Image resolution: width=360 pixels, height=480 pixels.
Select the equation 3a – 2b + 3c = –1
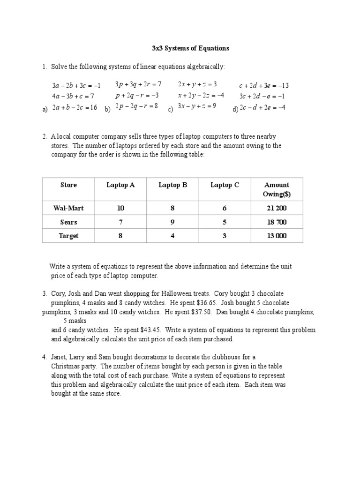(76, 85)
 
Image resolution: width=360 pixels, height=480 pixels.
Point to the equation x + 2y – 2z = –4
(201, 95)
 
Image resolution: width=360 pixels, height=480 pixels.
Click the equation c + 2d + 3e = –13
(263, 85)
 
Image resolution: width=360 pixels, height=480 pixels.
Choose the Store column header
(68, 185)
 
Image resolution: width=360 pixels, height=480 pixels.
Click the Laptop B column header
(172, 185)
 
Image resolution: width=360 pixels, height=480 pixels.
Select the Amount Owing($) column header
(277, 189)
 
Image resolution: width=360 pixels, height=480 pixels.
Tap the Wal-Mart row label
(68, 208)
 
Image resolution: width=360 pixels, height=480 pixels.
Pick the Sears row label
(68, 222)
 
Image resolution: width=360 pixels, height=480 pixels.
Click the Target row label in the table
(68, 236)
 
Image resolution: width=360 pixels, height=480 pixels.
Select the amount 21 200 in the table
(277, 208)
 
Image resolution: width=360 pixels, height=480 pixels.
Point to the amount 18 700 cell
(277, 222)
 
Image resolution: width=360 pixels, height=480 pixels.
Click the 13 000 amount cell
(277, 236)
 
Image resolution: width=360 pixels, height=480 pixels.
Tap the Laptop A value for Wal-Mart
(120, 208)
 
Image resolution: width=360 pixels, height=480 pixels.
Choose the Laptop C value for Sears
(225, 222)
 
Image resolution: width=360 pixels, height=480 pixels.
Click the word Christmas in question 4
(66, 366)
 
